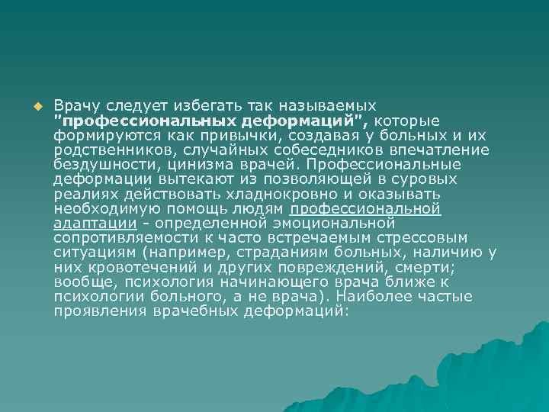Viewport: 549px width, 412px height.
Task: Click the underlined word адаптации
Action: [95, 224]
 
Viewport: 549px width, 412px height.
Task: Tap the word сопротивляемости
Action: [120, 238]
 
